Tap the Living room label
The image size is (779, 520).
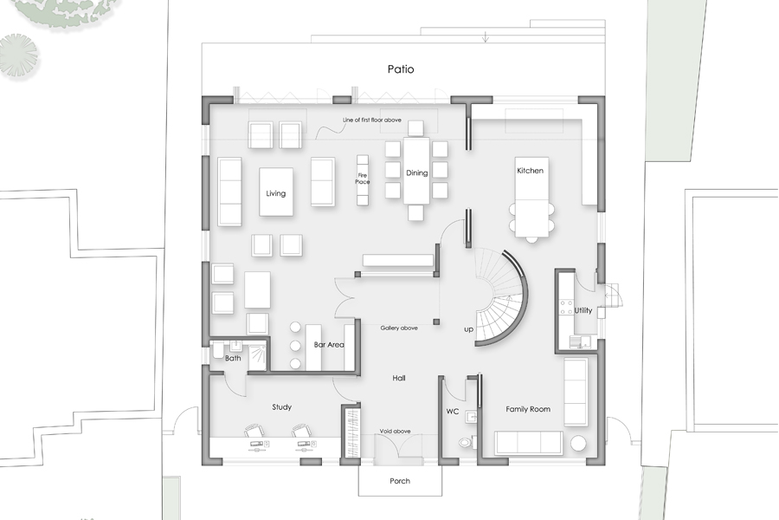click(275, 193)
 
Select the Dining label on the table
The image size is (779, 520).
click(417, 173)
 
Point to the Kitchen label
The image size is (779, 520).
click(530, 171)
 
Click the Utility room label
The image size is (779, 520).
click(583, 310)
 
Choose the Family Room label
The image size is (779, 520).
click(528, 409)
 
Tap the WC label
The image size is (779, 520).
click(452, 411)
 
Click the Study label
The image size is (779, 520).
click(281, 406)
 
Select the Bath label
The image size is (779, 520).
click(233, 357)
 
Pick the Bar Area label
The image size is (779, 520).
click(329, 345)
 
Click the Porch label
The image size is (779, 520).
click(399, 481)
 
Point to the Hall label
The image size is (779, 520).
click(399, 378)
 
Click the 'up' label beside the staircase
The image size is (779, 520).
click(468, 329)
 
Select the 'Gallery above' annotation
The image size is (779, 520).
click(399, 328)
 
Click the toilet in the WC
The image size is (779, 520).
click(467, 441)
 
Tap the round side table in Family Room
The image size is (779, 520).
click(579, 444)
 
